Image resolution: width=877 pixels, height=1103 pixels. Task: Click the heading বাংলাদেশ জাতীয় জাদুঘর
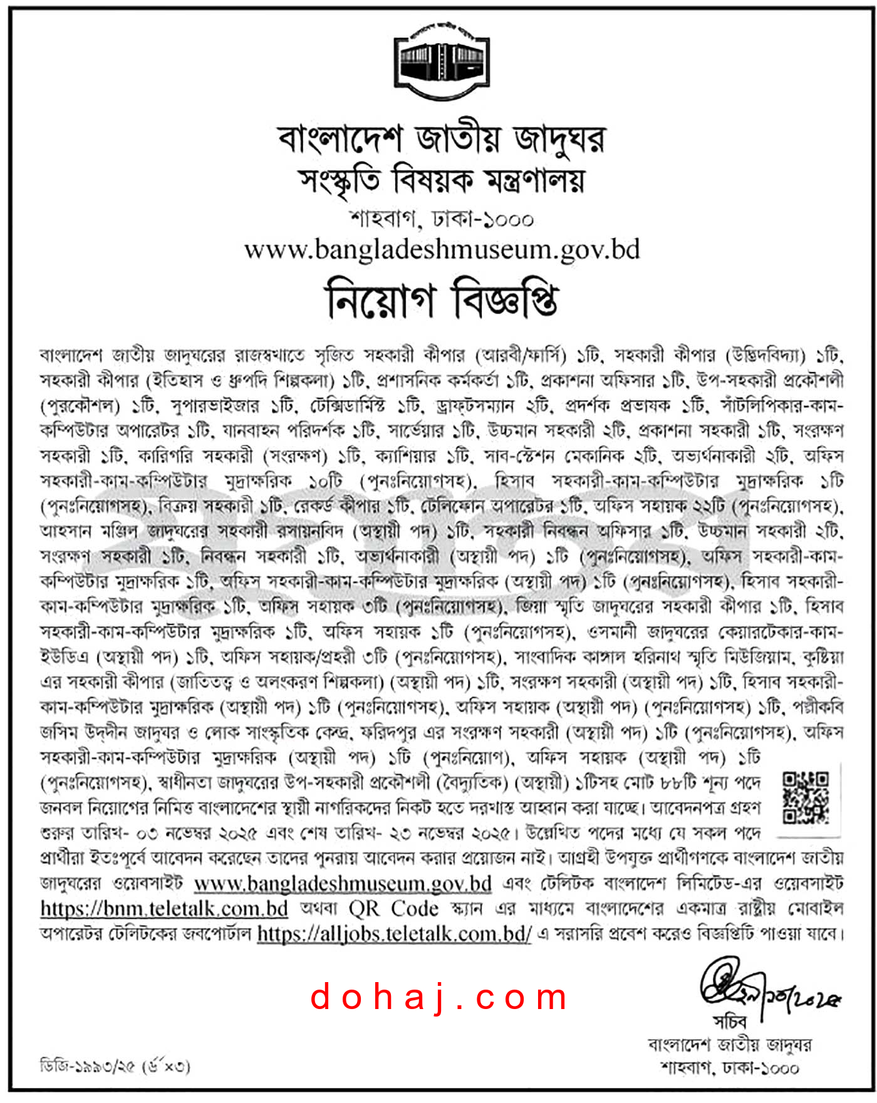coord(442,138)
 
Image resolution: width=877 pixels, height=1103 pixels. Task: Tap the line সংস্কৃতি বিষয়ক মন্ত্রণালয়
coord(442,180)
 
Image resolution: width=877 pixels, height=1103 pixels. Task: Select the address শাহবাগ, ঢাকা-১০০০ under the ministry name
coord(442,219)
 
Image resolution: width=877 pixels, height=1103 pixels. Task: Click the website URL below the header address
coord(442,249)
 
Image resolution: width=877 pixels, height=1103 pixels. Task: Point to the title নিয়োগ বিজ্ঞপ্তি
coord(442,299)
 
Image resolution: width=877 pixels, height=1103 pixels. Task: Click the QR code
coord(806,797)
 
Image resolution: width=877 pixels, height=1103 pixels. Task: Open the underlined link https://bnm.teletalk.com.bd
coord(164,908)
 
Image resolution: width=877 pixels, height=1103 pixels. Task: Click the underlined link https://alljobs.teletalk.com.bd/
coord(394,934)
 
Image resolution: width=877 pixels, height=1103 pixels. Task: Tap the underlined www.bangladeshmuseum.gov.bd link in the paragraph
coord(343,883)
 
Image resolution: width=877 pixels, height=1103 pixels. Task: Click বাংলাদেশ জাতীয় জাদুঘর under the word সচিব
coord(730,1044)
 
